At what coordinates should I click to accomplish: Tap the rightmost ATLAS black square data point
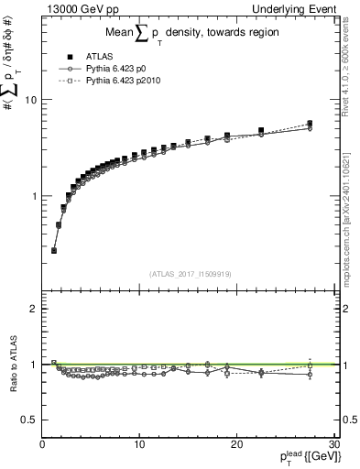pos(310,124)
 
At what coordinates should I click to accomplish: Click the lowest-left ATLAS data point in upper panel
pos(54,250)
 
